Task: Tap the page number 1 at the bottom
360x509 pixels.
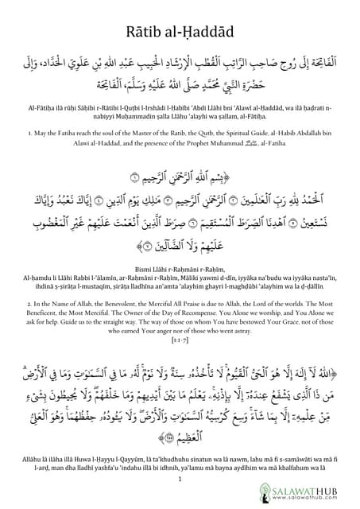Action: click(x=180, y=480)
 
